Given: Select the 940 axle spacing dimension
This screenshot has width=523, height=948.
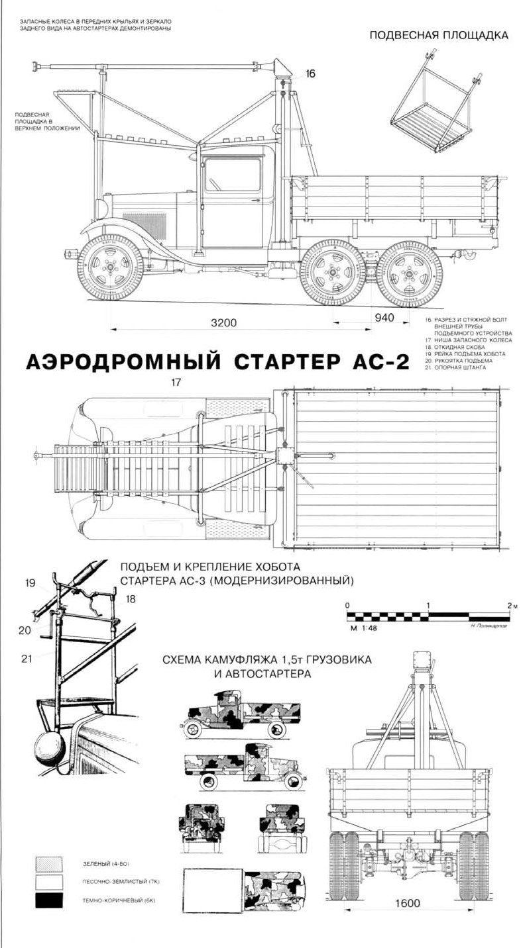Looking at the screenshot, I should coord(384,318).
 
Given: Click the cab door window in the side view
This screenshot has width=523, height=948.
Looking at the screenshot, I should coord(223,175).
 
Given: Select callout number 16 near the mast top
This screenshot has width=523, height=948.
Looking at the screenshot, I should coord(310,73).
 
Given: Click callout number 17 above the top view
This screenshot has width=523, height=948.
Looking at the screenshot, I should coord(176,382).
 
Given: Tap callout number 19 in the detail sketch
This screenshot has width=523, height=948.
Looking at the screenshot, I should coord(30,583).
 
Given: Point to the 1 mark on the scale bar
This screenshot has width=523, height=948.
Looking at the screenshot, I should coord(429,606).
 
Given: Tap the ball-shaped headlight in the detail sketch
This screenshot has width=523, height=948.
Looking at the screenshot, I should coord(49,741).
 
